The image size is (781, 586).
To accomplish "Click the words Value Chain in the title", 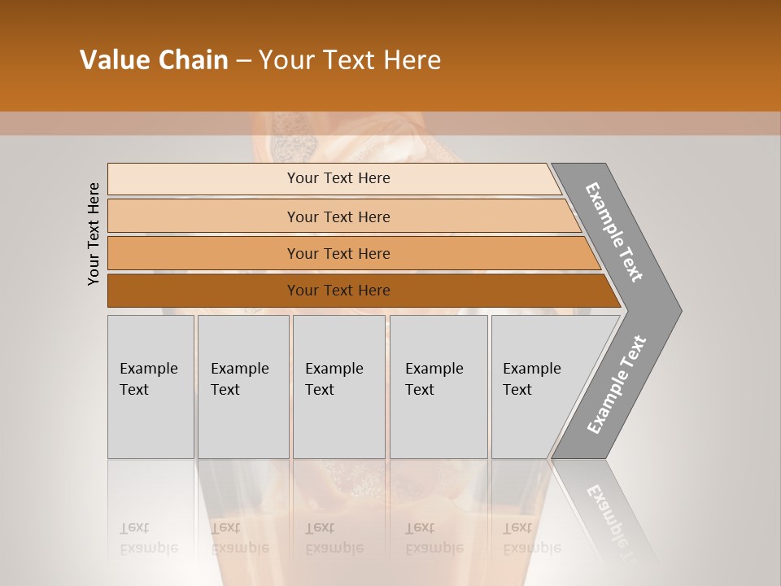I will click(x=154, y=60).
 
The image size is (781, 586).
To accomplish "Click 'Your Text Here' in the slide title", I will click(x=350, y=60).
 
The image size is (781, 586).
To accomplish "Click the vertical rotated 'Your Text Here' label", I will click(x=94, y=234).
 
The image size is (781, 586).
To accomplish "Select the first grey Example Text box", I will click(x=151, y=387).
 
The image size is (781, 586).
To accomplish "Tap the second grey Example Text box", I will click(x=242, y=387).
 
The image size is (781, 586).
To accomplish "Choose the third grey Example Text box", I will click(x=338, y=387).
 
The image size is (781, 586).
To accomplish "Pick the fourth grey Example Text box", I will click(x=438, y=387).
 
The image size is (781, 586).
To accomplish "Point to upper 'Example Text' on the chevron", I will click(x=614, y=232).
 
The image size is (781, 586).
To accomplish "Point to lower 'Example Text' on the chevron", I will click(x=617, y=385).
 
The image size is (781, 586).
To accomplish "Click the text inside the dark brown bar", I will click(x=338, y=291).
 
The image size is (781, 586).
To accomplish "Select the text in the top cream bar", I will click(x=338, y=178).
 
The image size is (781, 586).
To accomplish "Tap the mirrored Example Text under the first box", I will click(x=149, y=538).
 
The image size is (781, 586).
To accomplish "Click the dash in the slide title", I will click(x=243, y=61).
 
